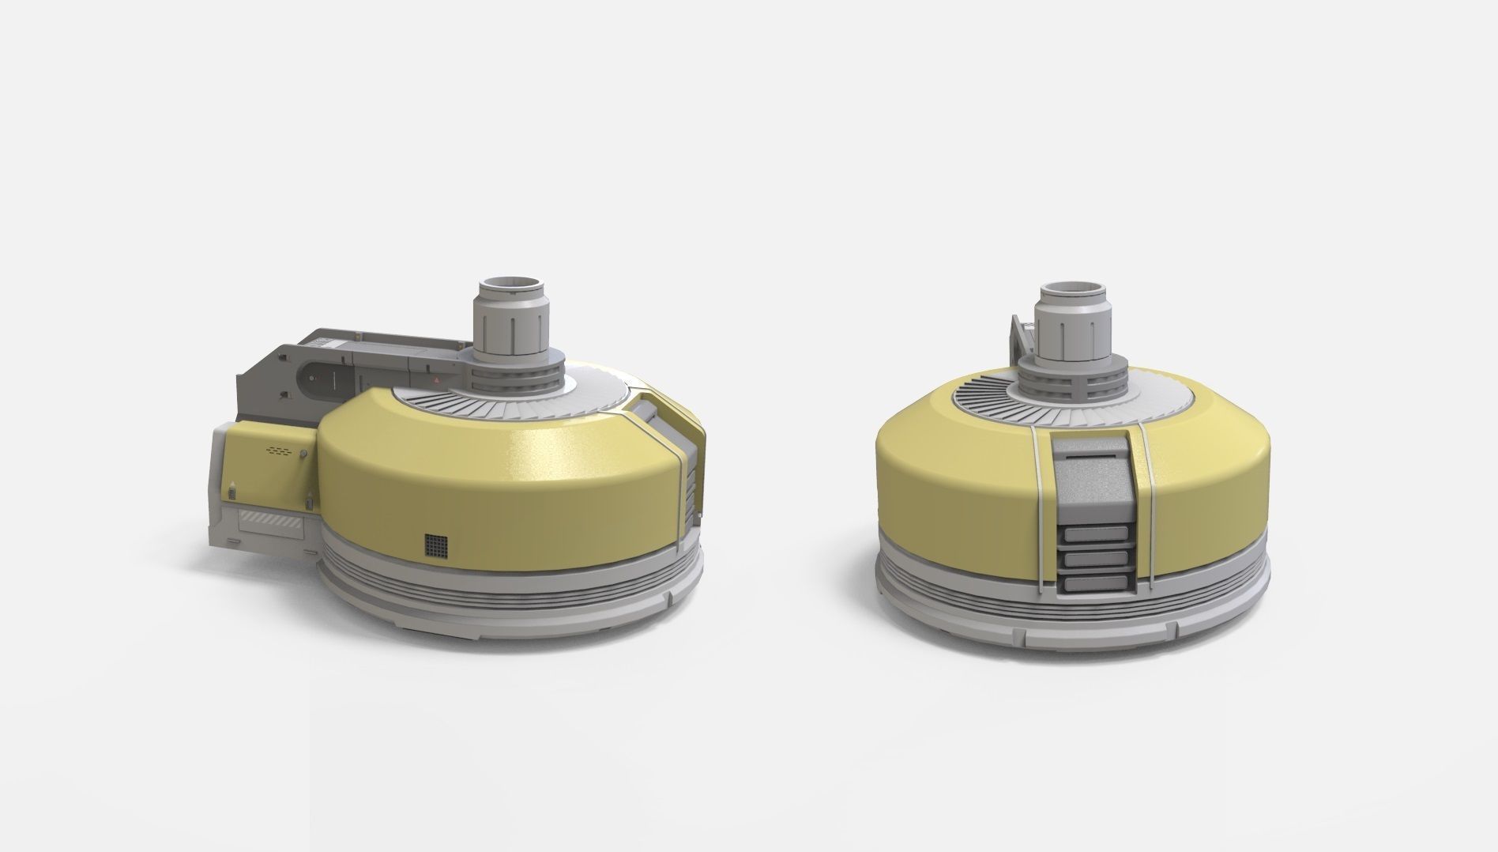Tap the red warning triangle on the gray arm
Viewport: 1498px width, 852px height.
pyautogui.click(x=436, y=380)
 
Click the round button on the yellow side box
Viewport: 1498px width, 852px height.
pyautogui.click(x=304, y=453)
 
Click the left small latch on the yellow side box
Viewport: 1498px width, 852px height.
pyautogui.click(x=232, y=492)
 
